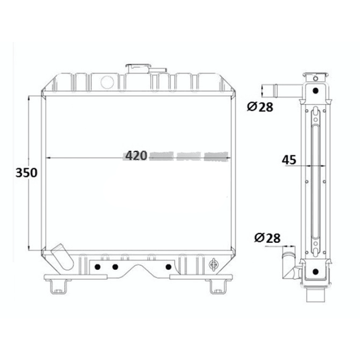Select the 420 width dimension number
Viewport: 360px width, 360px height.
(x=136, y=156)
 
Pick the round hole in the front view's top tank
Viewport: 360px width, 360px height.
(x=106, y=81)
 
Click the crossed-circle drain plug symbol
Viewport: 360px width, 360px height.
(x=214, y=264)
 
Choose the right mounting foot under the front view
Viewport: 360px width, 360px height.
(x=216, y=288)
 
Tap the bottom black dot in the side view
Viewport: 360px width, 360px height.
(x=314, y=273)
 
